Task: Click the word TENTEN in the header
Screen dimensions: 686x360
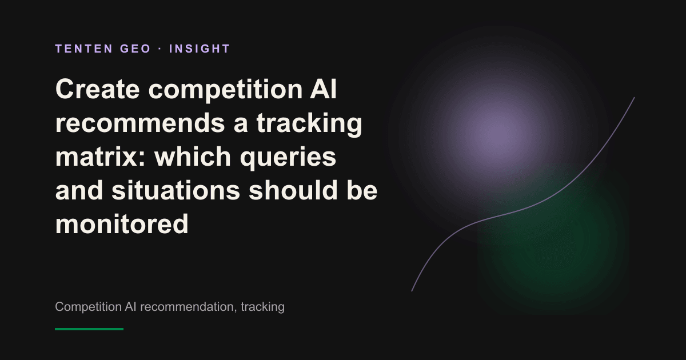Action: pos(84,49)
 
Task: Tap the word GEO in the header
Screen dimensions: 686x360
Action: pos(135,49)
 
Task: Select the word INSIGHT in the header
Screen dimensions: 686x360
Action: pos(200,49)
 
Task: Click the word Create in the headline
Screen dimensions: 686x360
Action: pos(97,89)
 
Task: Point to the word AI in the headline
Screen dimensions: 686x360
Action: pos(323,89)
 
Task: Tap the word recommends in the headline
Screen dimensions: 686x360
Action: pos(140,123)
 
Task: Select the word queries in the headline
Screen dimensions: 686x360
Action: pos(288,157)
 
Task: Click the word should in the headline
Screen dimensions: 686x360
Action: pos(293,190)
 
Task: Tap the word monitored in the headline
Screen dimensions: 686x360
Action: pos(122,223)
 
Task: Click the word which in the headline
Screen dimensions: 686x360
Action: pos(193,156)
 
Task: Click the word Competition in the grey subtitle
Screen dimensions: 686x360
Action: pos(88,307)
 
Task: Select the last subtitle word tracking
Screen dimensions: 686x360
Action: pos(263,307)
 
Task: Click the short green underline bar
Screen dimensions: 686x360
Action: pos(89,329)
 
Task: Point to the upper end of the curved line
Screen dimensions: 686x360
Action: pos(634,98)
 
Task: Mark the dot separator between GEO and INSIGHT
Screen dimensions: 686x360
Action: pos(160,49)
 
